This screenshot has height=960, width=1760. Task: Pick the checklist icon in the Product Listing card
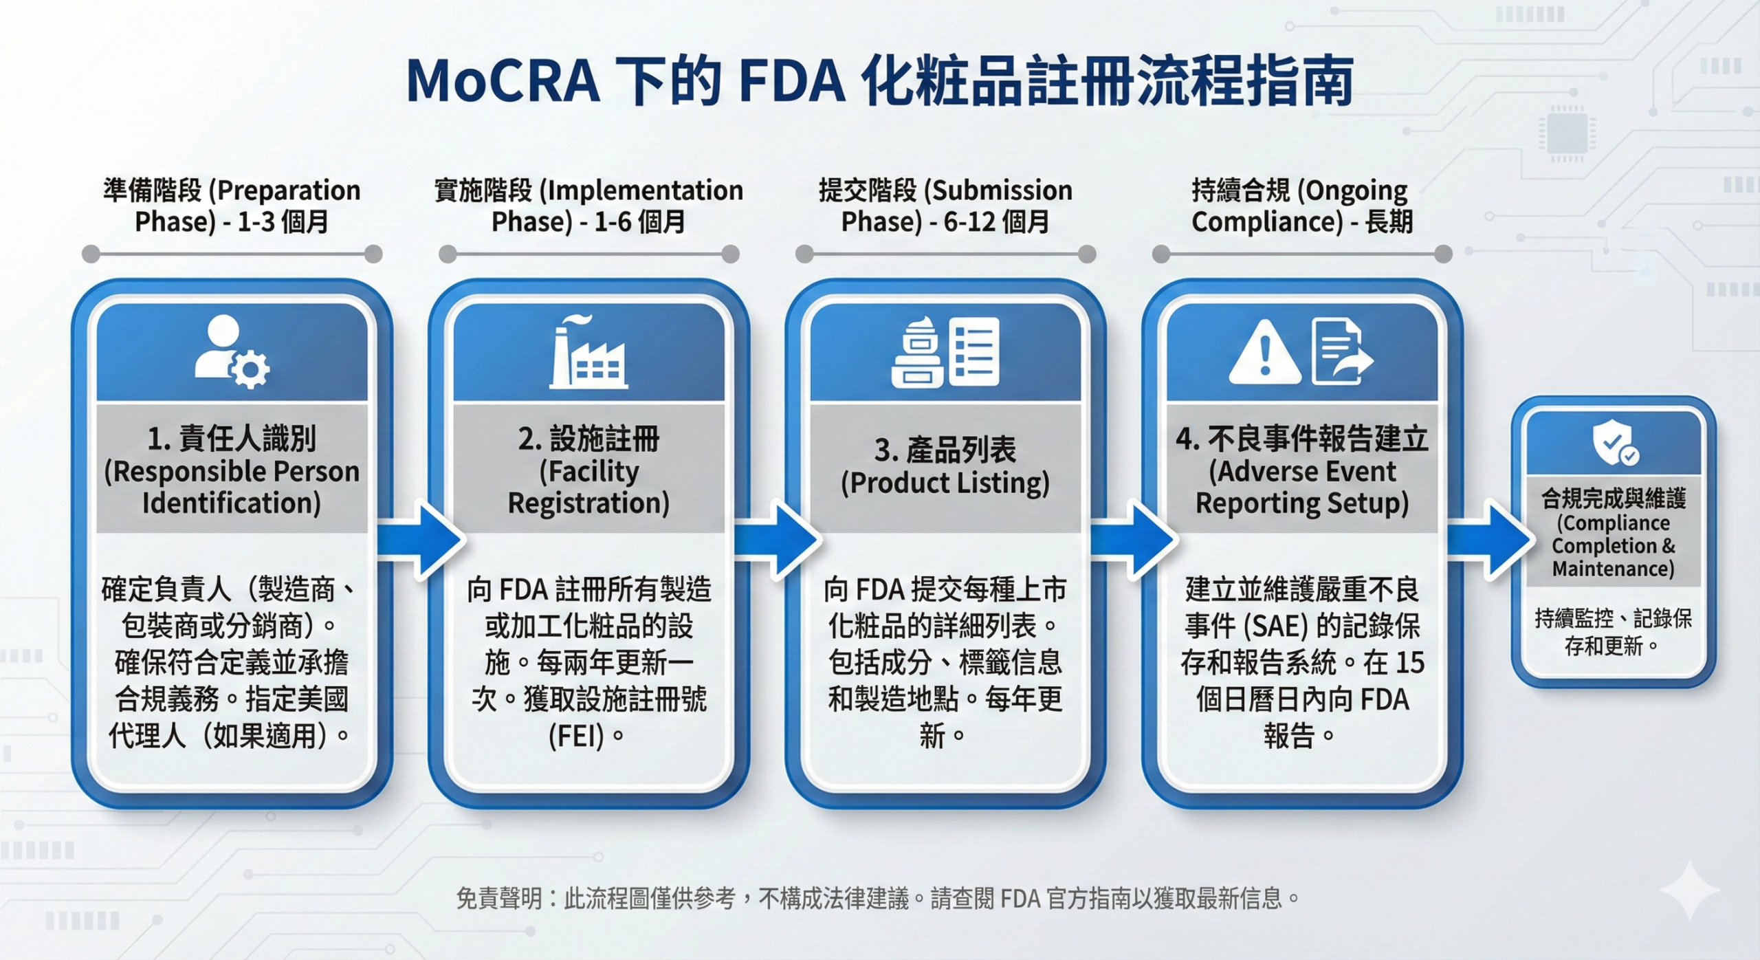tap(974, 351)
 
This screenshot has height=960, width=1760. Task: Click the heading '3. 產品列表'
tap(945, 450)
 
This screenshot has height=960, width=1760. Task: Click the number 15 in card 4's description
tap(1410, 663)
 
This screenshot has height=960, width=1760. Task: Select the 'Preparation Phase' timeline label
tap(232, 205)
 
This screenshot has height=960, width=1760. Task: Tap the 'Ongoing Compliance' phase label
tap(1301, 205)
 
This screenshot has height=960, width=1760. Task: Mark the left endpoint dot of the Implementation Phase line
tap(448, 254)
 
